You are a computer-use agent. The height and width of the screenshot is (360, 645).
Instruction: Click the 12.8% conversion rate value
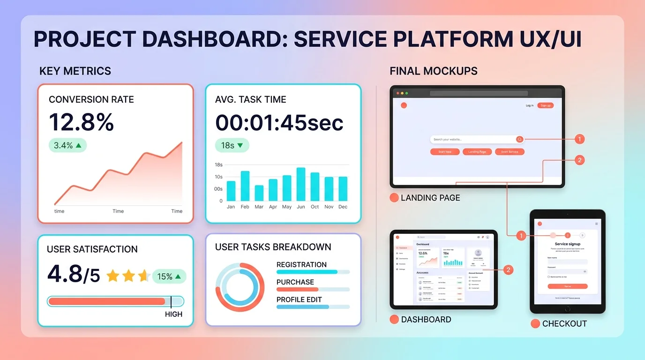tap(82, 122)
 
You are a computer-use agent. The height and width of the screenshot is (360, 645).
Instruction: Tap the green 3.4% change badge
tap(67, 145)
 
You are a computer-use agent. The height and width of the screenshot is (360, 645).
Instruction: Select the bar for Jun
tap(300, 184)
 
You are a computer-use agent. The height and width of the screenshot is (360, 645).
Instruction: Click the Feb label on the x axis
tap(245, 207)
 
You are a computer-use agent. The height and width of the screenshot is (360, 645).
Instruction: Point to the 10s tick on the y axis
tap(218, 177)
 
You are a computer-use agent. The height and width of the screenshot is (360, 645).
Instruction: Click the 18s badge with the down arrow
tap(232, 145)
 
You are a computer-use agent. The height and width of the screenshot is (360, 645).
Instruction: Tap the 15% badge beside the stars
tap(169, 277)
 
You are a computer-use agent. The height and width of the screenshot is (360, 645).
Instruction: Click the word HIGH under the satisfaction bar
tap(173, 314)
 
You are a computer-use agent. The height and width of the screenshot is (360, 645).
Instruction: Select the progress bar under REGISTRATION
tap(313, 272)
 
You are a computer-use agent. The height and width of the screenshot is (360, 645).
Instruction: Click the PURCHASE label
tap(295, 282)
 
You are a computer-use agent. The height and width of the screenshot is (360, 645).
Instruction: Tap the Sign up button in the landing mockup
tap(545, 105)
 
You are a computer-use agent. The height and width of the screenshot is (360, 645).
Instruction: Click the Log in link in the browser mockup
tap(529, 105)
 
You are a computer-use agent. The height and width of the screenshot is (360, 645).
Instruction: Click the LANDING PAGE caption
tap(430, 198)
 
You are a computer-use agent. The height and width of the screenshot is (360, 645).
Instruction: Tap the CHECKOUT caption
tap(564, 324)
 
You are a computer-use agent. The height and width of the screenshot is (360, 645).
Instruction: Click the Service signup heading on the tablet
tap(568, 244)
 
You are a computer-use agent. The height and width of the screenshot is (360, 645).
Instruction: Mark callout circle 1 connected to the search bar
tap(579, 139)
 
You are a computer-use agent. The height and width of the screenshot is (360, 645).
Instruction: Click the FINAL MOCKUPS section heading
tap(433, 71)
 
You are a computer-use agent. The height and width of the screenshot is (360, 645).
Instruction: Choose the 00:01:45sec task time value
tap(279, 122)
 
